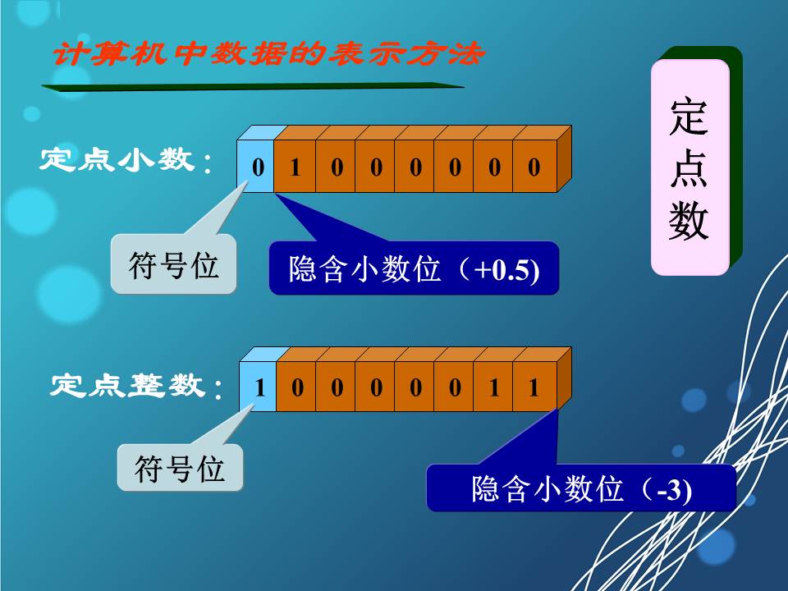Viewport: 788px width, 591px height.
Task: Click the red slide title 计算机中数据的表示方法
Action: click(x=268, y=54)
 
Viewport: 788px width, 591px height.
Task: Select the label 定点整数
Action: click(x=127, y=384)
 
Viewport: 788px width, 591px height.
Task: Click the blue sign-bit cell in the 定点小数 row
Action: click(x=257, y=167)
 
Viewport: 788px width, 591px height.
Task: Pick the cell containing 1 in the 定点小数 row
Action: click(x=296, y=167)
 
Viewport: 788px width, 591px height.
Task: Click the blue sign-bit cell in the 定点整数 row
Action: click(x=259, y=387)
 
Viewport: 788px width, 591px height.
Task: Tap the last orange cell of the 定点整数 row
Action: click(x=534, y=387)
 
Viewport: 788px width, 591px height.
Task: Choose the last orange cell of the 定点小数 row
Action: click(x=534, y=167)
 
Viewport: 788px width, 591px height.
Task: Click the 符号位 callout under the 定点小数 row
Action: click(x=174, y=264)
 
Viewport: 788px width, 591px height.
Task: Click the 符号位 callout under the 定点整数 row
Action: click(x=180, y=468)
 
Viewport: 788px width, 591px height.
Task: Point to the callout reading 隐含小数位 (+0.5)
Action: click(x=414, y=268)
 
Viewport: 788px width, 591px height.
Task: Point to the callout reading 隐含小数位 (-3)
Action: click(x=581, y=488)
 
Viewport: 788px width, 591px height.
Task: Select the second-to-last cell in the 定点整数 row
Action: click(x=495, y=387)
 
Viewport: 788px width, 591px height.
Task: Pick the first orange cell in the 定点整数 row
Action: click(x=297, y=387)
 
